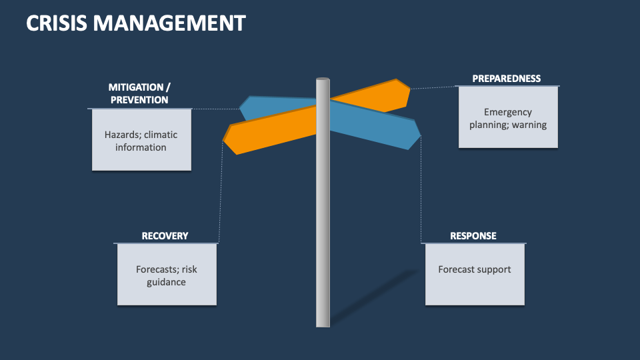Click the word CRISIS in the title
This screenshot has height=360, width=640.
[x=57, y=24]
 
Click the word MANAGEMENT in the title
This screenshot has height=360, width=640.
[x=169, y=24]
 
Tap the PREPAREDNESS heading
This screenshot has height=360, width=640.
[x=506, y=79]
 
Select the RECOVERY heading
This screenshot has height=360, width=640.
[x=165, y=236]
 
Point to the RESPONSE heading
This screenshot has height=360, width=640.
[x=473, y=236]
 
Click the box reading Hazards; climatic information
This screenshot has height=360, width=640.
[x=141, y=140]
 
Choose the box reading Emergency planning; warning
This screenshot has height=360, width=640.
[x=508, y=118]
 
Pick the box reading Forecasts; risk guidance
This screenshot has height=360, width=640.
[x=166, y=275]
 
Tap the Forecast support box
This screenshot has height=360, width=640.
[x=475, y=274]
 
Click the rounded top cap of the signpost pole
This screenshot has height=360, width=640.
[x=323, y=81]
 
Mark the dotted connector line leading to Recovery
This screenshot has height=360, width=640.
[x=221, y=193]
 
